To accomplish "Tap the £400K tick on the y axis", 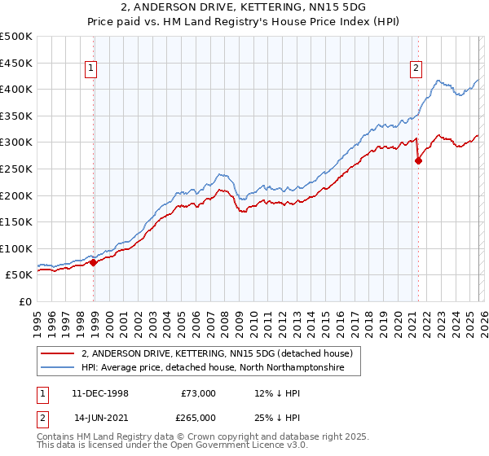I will pyautogui.click(x=17, y=89).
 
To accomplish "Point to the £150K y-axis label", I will pyautogui.click(x=17, y=221).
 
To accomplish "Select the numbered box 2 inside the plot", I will pyautogui.click(x=416, y=69).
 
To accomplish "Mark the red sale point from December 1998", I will pyautogui.click(x=94, y=262).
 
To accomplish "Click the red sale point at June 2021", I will pyautogui.click(x=418, y=160).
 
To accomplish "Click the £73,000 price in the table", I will pyautogui.click(x=197, y=393).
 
